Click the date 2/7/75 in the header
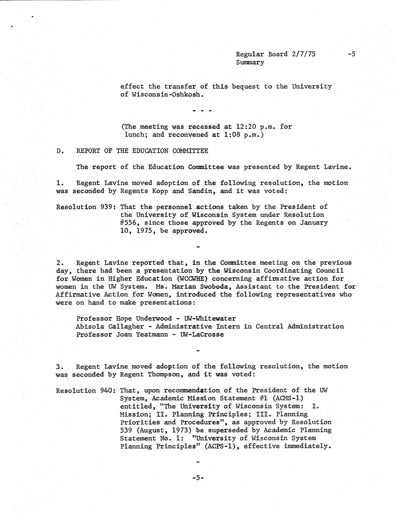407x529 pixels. tap(303, 54)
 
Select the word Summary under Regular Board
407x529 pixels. tap(250, 62)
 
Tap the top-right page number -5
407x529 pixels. tap(351, 54)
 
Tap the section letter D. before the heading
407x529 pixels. tap(60, 151)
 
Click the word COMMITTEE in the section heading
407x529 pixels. tap(190, 151)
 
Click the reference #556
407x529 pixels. tap(129, 223)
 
